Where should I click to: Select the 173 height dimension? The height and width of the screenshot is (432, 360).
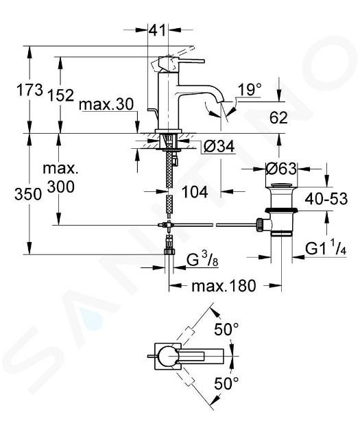coord(30,90)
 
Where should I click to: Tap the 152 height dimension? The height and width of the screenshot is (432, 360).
coord(61,95)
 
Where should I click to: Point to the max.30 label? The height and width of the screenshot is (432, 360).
coord(106,105)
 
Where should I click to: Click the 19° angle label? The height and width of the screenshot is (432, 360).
coord(250,90)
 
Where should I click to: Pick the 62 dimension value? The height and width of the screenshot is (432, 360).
coord(278,118)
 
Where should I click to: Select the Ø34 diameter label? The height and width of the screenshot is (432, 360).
coord(219,146)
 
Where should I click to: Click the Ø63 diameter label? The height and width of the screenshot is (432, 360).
coord(281,168)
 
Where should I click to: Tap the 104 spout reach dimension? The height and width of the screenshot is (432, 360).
coord(195,192)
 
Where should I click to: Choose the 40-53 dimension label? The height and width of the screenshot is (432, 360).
coord(326,199)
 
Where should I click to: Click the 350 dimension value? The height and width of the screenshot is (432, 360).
coord(28,194)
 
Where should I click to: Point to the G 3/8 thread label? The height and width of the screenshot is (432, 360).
coord(202,261)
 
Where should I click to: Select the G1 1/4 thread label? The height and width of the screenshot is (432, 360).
coord(326,250)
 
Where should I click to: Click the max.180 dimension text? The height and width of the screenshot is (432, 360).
coord(224,286)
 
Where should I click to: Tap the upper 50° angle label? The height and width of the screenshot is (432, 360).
coord(226,329)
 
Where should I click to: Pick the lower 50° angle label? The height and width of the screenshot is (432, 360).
coord(226,383)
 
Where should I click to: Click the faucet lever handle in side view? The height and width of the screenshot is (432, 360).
coord(191,62)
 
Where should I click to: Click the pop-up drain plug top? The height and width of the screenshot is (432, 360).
coord(281,184)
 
